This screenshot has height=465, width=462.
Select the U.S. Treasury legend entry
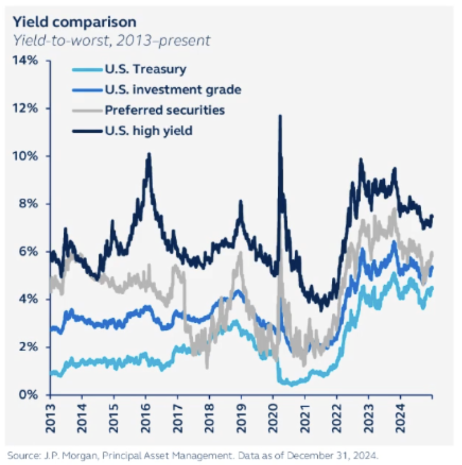coord(145,69)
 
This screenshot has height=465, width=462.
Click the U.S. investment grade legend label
coord(172,90)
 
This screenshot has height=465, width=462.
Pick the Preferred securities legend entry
coord(164,110)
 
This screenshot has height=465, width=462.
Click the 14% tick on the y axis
coord(26,61)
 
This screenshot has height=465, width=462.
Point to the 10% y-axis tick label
coord(26,156)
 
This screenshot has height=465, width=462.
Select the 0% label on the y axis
coord(29,394)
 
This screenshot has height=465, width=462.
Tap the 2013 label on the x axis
coord(50,414)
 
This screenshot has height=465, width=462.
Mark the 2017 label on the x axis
coord(177,414)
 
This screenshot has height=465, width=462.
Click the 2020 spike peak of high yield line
coord(279,116)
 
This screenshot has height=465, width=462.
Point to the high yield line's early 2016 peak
coord(149,155)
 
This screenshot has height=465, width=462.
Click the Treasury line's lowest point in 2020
coord(289,384)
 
